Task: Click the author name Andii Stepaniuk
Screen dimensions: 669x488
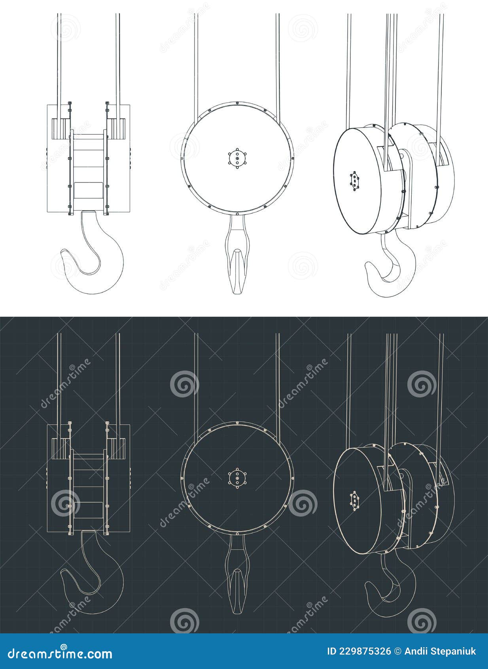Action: click(439, 652)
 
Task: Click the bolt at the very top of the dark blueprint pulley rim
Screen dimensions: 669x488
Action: click(237, 423)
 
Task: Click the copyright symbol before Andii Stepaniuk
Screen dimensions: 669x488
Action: click(398, 652)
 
